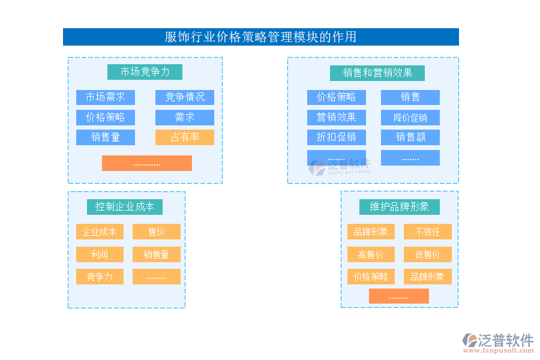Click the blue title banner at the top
coord(260,37)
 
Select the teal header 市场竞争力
coord(145,72)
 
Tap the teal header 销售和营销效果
coord(377,73)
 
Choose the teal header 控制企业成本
coord(124,207)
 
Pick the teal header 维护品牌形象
coord(399,207)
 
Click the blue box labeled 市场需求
coord(105,97)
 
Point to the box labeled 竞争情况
coord(184,97)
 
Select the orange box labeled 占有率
coord(184,137)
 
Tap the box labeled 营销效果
coord(336,117)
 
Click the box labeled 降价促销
coord(410,117)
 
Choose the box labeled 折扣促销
coord(336,137)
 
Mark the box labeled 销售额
coord(410,137)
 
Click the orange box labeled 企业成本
coord(100,232)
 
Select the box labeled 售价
coord(156,232)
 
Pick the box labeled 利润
coord(100,254)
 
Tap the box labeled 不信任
coord(427,232)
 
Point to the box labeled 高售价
coord(371,254)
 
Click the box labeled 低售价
coord(427,254)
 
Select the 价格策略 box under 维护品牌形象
coord(371,277)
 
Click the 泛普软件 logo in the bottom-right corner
coord(497,343)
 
